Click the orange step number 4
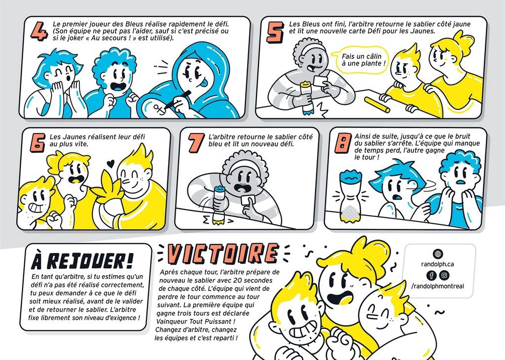coord(39,31)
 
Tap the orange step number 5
coord(275,32)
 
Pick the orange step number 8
coord(343,144)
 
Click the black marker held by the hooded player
coord(178,99)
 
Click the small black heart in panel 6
coord(110,164)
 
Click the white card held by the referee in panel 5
coord(320,81)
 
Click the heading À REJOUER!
coord(82,261)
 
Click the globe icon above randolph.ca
coord(438,254)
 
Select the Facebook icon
coord(432,275)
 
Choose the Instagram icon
coord(444,275)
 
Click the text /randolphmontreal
coord(438,286)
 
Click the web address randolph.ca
coord(438,264)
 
